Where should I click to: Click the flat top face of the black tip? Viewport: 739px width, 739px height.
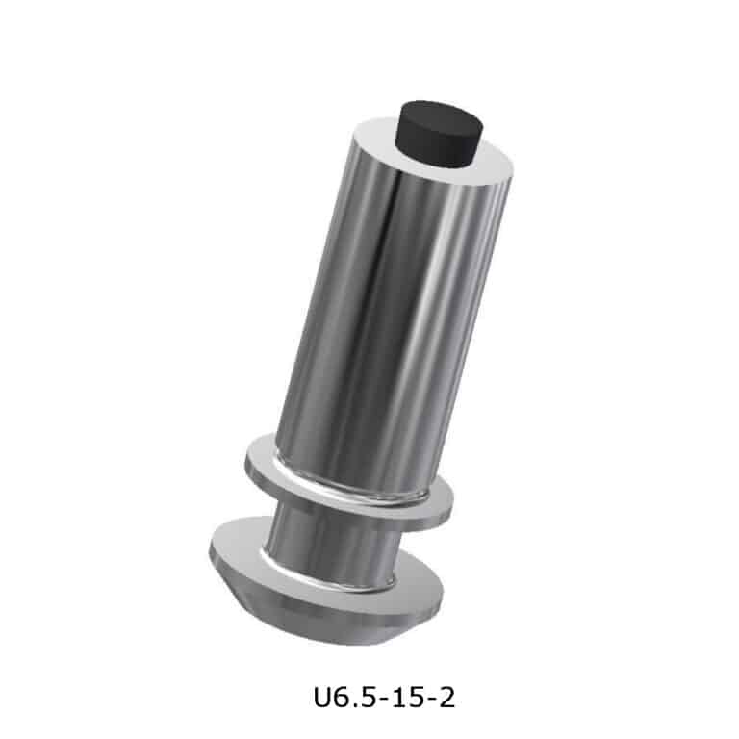(x=439, y=115)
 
